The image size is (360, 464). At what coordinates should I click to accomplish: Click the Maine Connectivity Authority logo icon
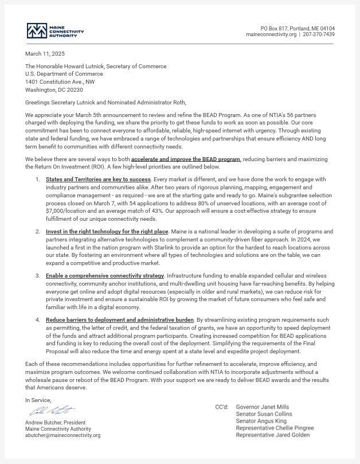click(x=37, y=30)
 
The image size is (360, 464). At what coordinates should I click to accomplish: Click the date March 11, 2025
click(x=45, y=54)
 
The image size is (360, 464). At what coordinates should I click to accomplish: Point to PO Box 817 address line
click(x=298, y=28)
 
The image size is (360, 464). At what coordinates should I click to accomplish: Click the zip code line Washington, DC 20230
click(x=54, y=89)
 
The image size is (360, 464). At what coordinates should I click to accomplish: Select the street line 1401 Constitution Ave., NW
click(x=60, y=81)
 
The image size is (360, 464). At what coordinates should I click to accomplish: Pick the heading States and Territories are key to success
click(x=98, y=180)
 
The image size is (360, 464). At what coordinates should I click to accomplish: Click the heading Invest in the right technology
click(x=107, y=231)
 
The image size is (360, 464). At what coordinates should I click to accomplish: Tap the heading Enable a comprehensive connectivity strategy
click(x=105, y=276)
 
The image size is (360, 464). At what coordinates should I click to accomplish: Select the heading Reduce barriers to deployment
click(x=120, y=319)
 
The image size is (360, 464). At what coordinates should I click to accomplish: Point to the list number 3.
click(x=37, y=276)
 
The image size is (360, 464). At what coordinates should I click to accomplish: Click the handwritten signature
click(x=52, y=411)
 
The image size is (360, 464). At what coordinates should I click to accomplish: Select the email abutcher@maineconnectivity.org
click(x=62, y=435)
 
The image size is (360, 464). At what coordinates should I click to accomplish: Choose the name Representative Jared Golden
click(x=272, y=435)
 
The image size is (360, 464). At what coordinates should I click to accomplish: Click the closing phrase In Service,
click(x=38, y=400)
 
